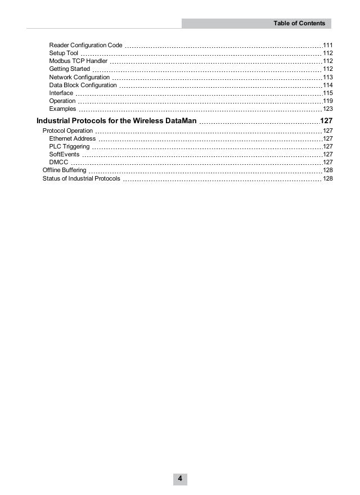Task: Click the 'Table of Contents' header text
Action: point(299,23)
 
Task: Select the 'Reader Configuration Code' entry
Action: point(85,45)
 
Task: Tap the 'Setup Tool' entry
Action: point(64,53)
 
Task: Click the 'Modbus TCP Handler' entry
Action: point(78,61)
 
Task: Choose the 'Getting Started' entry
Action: point(69,69)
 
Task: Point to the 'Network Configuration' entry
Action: point(79,77)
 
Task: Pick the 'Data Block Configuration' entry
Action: point(83,85)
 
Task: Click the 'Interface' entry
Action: point(61,93)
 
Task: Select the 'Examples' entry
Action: point(62,109)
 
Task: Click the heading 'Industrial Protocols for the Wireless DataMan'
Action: point(116,121)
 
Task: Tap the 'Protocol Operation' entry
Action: point(67,130)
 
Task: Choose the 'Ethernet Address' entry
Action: point(73,138)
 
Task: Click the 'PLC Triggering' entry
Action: point(69,146)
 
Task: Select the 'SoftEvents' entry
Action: point(64,154)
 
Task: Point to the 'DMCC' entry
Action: point(58,162)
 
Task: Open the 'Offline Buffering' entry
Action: point(64,170)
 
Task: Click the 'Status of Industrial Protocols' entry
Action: point(81,178)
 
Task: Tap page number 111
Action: point(328,45)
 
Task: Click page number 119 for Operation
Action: point(328,101)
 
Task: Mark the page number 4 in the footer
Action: point(180,479)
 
